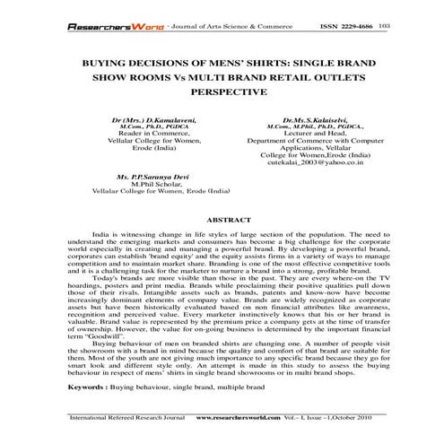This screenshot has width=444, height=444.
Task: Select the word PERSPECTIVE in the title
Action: click(222, 91)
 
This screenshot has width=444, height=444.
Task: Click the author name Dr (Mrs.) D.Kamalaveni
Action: click(140, 118)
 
